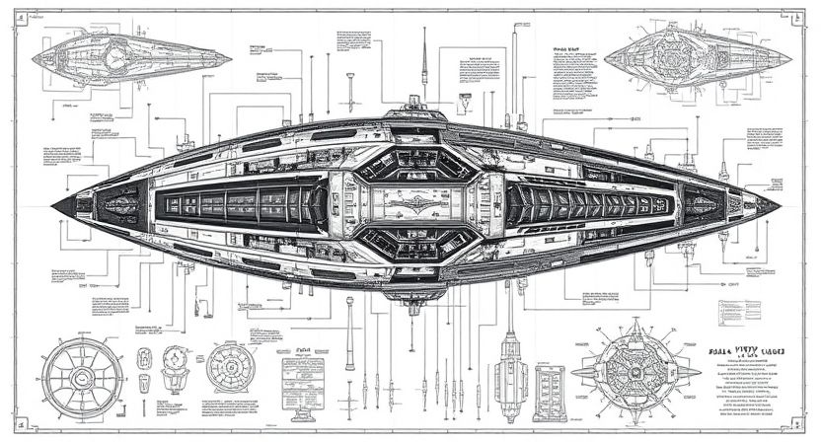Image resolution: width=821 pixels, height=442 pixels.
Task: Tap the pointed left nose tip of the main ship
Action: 55,204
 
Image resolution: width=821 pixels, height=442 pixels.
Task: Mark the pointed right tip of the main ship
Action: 779,206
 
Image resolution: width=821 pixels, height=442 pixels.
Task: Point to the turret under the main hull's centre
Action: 415,300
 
